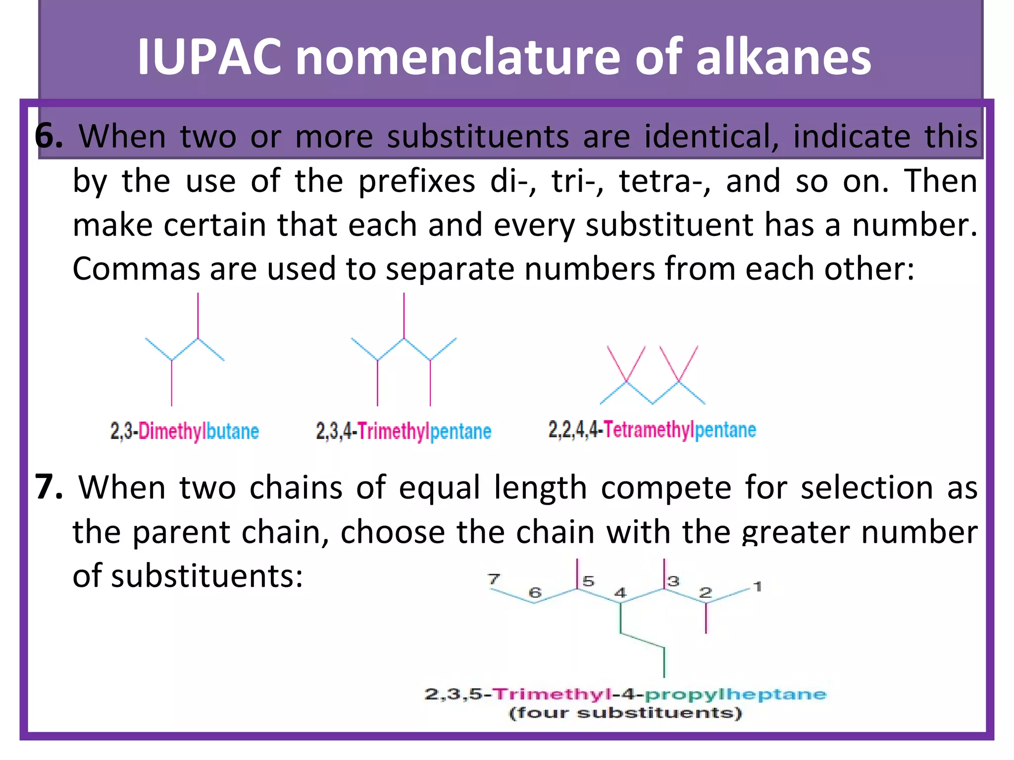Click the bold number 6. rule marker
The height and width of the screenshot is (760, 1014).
[49, 136]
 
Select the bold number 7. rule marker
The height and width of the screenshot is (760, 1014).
[49, 487]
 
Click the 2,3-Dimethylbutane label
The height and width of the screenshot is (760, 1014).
[184, 431]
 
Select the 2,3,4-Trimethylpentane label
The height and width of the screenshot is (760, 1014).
[404, 431]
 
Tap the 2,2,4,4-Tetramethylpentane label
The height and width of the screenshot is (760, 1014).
[652, 429]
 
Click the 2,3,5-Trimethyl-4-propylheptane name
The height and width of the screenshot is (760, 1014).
[625, 694]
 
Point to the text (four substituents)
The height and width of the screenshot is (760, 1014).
[625, 713]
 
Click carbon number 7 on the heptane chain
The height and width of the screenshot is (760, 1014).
[494, 578]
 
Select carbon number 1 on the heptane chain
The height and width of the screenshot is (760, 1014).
[757, 586]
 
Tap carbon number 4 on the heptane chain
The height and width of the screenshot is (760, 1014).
[620, 592]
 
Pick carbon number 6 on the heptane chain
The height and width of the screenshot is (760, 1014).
[535, 592]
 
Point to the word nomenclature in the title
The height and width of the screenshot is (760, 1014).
[457, 57]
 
